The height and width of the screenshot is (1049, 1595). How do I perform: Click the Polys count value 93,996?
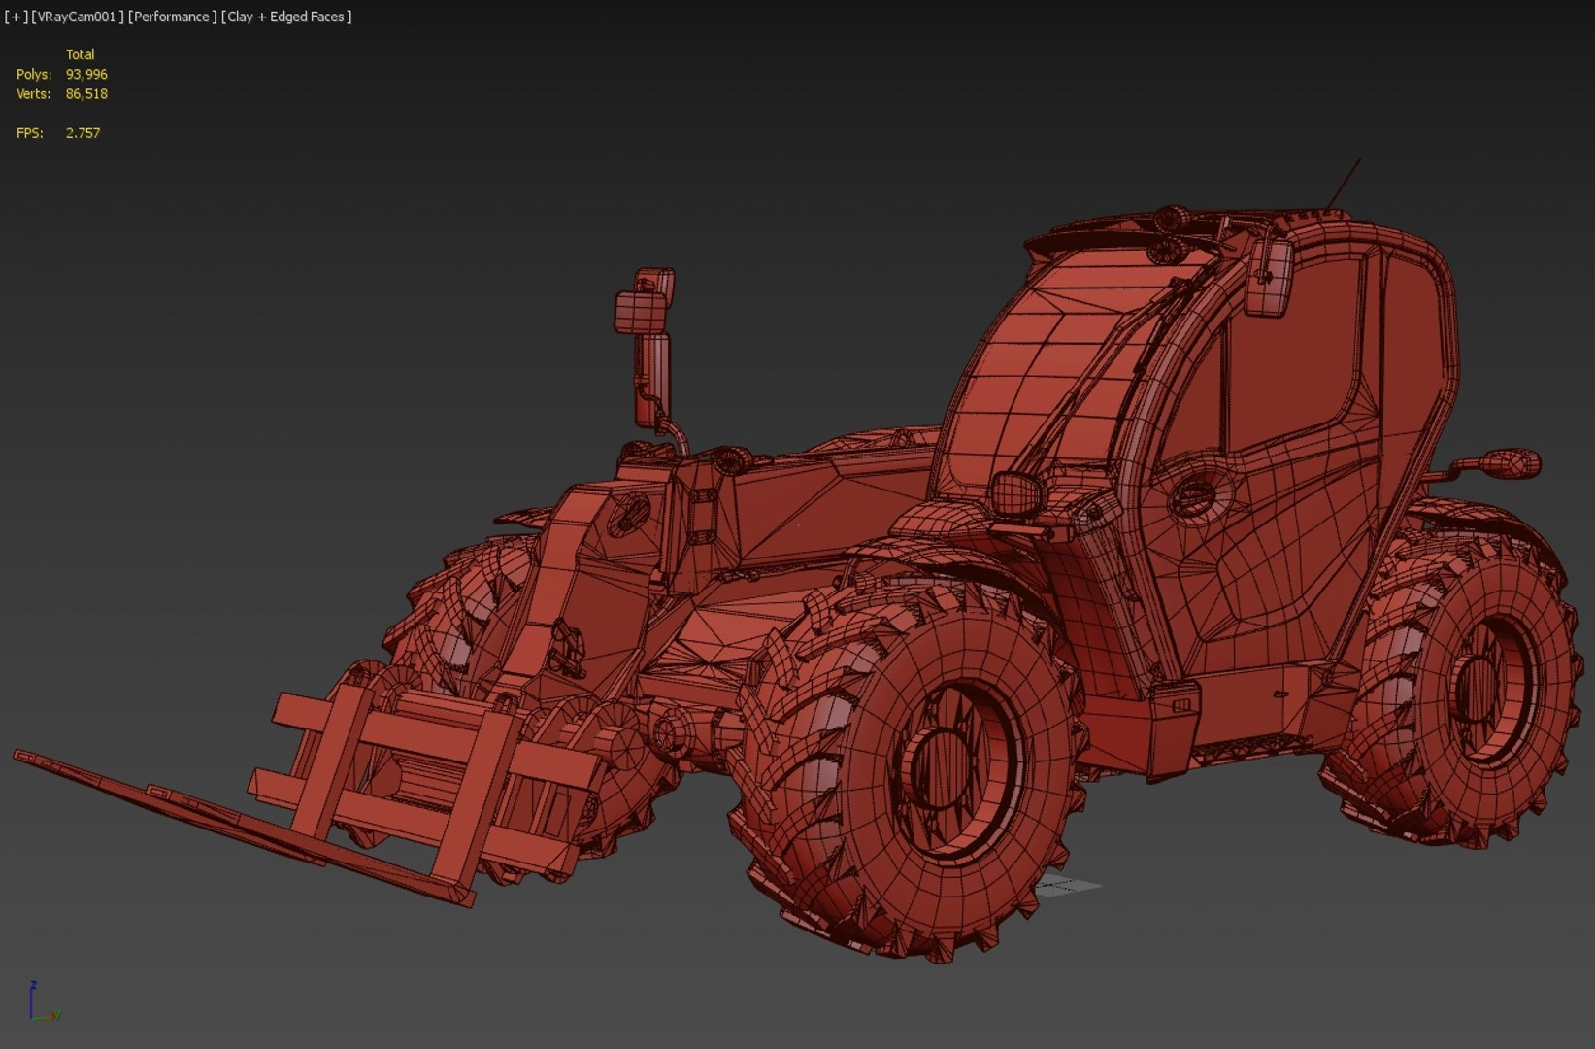86,75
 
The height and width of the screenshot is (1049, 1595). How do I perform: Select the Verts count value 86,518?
86,94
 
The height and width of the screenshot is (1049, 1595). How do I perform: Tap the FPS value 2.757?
83,133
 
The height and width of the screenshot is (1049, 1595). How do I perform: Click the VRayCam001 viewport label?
77,17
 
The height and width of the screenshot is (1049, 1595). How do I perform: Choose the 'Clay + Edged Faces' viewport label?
286,17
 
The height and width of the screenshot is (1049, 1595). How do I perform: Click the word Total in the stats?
80,54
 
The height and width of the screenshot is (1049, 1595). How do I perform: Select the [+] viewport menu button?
16,17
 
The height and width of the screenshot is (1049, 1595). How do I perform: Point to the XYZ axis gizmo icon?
41,1003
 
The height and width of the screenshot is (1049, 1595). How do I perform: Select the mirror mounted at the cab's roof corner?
1270,277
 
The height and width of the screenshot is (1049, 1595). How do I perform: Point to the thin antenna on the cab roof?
1344,184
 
